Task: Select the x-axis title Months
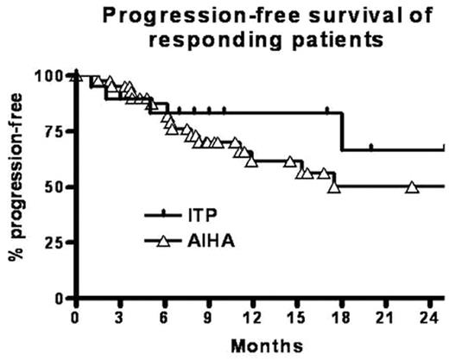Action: coord(260,345)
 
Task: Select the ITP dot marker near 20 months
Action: coord(371,147)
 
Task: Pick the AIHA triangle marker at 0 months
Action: coord(77,76)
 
